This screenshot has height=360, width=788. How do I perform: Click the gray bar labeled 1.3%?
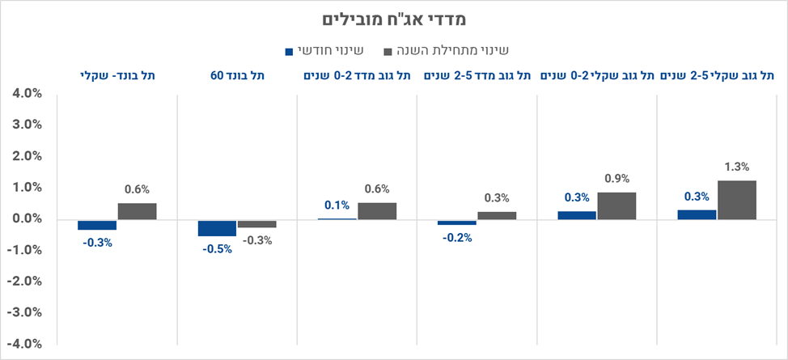(x=736, y=200)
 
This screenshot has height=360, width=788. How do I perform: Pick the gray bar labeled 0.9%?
(x=616, y=205)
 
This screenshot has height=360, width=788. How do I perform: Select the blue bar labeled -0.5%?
(x=217, y=227)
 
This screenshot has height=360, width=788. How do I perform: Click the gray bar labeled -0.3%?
(x=256, y=223)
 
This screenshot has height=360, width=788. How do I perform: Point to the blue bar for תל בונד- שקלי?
(x=97, y=225)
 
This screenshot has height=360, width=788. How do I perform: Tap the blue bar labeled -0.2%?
(x=457, y=222)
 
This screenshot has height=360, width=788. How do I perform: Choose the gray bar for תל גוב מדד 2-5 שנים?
(x=497, y=215)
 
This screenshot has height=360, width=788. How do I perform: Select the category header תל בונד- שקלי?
(x=117, y=75)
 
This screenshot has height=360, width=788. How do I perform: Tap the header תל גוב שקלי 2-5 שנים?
(x=717, y=75)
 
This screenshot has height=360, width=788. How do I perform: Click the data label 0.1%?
(x=337, y=205)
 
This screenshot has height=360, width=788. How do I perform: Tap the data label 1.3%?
(x=736, y=167)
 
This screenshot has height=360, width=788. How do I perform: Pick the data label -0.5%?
(x=217, y=248)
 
